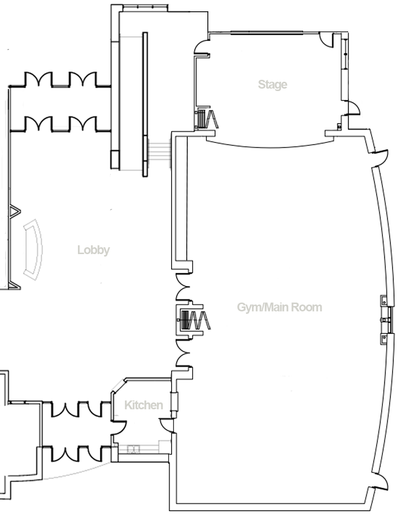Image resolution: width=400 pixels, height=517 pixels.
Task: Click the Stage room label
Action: click(272, 85)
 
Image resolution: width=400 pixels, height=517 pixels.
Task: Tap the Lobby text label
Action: click(94, 250)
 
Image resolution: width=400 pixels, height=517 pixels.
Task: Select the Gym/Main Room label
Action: click(279, 307)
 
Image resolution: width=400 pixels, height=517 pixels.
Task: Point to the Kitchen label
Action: click(144, 405)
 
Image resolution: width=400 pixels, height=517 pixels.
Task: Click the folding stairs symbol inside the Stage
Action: click(207, 119)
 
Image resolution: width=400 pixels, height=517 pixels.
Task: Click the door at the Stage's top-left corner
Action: click(201, 47)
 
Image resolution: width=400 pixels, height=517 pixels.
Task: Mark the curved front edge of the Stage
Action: click(270, 146)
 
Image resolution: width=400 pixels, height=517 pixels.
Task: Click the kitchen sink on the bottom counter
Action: click(134, 449)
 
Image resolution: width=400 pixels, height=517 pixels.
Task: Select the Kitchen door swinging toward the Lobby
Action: click(120, 427)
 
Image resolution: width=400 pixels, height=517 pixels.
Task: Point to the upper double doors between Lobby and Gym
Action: click(182, 287)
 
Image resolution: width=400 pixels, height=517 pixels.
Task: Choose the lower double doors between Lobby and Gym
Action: click(182, 353)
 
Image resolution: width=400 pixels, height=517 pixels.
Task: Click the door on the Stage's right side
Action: click(353, 108)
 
